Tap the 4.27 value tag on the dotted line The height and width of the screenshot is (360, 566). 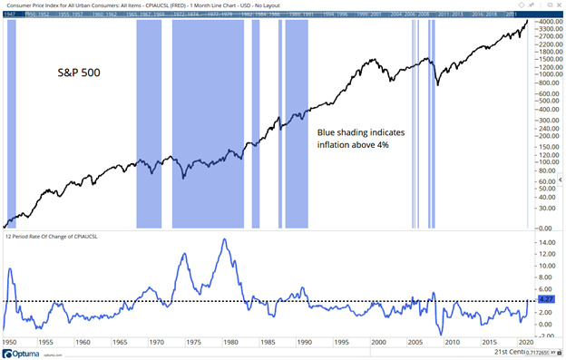[546, 300]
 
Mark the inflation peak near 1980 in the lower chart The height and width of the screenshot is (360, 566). [223, 239]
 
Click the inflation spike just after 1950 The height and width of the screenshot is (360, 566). [10, 269]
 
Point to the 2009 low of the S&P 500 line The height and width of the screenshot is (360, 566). [437, 85]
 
